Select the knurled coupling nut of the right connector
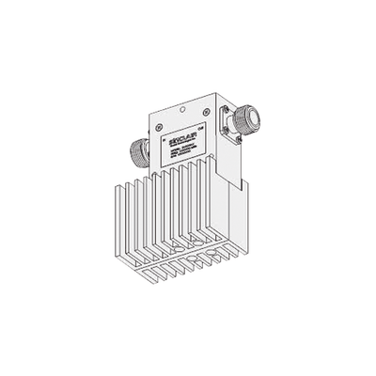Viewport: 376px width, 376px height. click(x=246, y=119)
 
